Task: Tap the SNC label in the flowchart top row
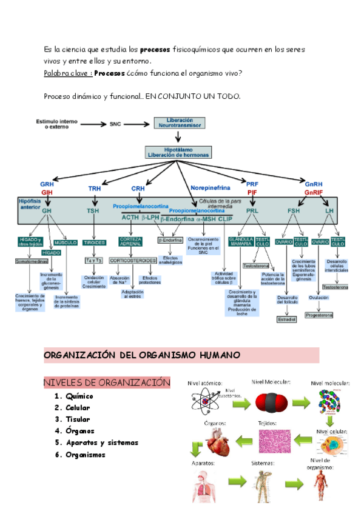click(x=115, y=124)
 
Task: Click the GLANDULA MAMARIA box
click(x=241, y=242)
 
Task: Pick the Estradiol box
click(x=286, y=319)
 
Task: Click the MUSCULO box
click(x=66, y=242)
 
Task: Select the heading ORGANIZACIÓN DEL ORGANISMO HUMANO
click(x=142, y=355)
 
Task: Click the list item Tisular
click(x=78, y=419)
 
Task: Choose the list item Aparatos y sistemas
click(x=102, y=442)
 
